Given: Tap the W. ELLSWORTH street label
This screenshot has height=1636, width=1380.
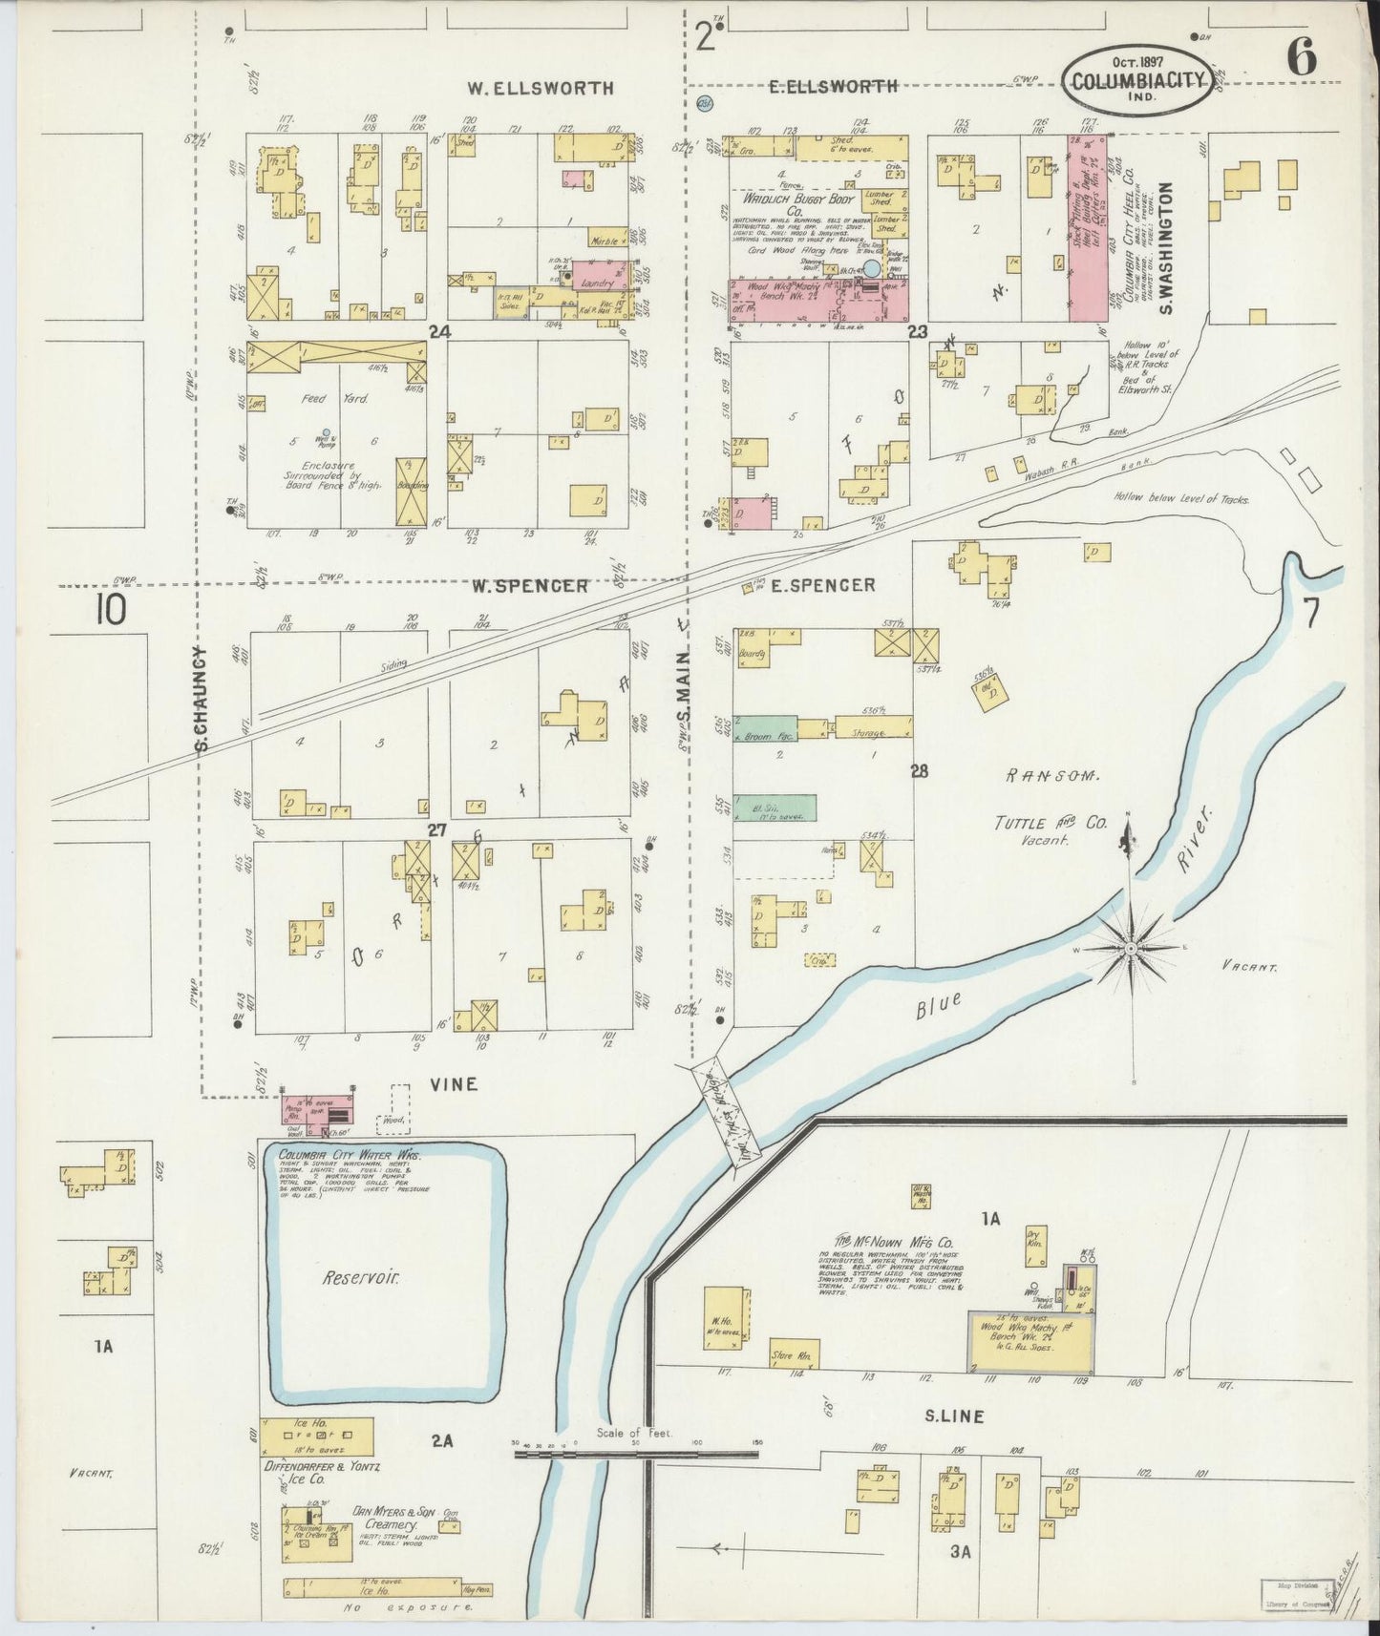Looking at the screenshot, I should [540, 88].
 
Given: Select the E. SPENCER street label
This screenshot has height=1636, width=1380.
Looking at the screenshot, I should [822, 585].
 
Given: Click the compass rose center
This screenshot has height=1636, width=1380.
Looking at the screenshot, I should [1130, 948].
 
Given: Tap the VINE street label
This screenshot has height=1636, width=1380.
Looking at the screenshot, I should [455, 1085].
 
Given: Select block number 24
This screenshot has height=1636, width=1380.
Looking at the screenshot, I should [438, 332].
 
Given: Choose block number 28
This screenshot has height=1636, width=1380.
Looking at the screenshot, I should [919, 771].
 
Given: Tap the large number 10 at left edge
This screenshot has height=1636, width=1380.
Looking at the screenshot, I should [109, 610].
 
